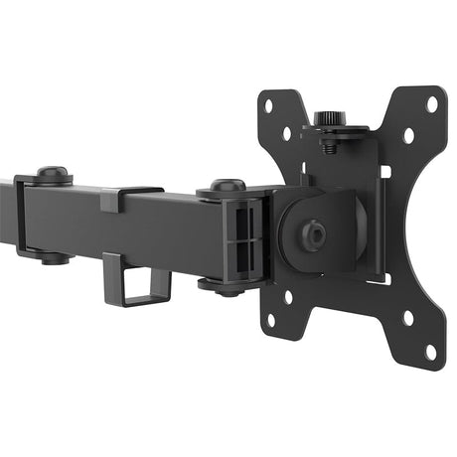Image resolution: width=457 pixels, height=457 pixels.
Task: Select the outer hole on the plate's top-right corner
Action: click(432, 101)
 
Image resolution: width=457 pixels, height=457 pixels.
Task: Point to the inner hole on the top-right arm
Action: click(408, 135)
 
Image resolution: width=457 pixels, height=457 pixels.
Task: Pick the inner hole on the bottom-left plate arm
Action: click(289, 296)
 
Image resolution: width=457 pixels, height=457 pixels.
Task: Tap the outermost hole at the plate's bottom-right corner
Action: click(430, 350)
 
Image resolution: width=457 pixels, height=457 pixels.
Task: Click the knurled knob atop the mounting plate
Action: click(329, 119)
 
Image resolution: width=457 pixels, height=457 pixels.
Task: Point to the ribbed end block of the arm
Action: click(247, 238)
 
